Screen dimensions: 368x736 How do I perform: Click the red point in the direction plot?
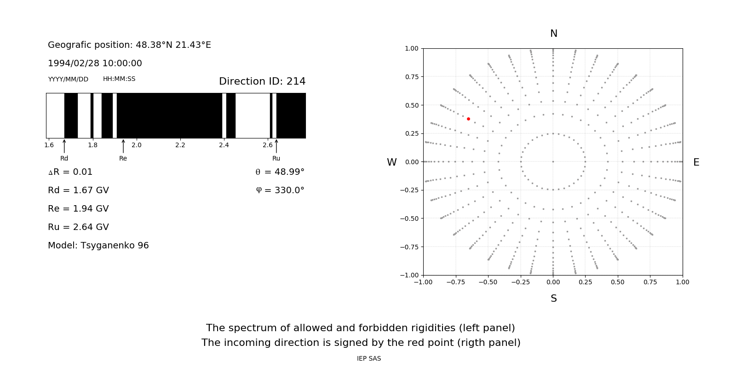coord(468,119)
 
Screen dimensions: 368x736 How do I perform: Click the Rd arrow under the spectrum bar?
coord(64,146)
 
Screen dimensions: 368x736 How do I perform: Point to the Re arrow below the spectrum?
coord(123,146)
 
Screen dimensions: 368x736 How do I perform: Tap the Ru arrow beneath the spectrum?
coord(276,146)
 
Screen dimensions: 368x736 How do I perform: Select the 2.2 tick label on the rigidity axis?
coord(180,145)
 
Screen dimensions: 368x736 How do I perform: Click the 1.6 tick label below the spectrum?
coord(49,145)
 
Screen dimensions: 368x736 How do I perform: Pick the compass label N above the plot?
coord(553,34)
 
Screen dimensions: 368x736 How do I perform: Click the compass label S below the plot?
coord(553,299)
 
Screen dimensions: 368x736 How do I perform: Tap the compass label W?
coord(391,162)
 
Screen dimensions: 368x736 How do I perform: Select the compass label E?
coord(696,162)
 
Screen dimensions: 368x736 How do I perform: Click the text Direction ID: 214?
coord(262,81)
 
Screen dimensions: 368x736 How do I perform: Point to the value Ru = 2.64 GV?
coord(78,227)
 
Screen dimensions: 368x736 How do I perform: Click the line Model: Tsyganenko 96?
coord(98,246)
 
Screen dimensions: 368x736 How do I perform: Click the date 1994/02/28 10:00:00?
coord(95,63)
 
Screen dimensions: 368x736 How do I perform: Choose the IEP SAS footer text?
coord(368,358)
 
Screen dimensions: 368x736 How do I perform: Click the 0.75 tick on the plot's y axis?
coord(411,77)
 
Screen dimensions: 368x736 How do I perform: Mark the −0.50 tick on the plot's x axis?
coord(488,282)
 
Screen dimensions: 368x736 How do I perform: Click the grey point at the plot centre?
coord(553,161)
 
